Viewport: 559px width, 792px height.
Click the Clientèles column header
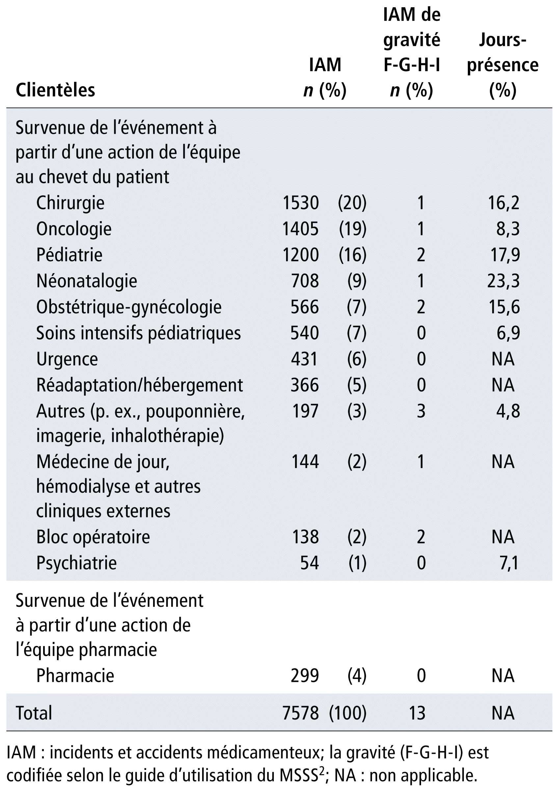click(55, 90)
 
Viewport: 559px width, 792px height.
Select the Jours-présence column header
click(502, 65)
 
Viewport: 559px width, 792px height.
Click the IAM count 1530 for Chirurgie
click(301, 203)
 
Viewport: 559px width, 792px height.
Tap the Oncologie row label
click(74, 229)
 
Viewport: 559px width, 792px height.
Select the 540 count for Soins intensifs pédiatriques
click(305, 333)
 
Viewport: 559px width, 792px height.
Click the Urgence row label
click(67, 360)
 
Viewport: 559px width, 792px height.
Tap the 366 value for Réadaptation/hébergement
click(305, 385)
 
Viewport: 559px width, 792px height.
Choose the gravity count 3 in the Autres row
click(421, 411)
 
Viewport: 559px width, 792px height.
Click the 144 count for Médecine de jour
click(305, 462)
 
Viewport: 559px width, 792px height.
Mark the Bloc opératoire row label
click(93, 537)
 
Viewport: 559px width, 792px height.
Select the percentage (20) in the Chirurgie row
click(352, 203)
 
